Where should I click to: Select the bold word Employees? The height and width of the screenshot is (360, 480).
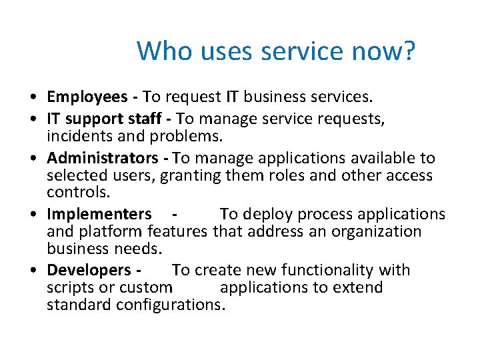87,97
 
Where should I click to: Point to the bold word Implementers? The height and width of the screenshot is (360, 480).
99,214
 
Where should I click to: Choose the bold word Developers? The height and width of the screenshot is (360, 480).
89,270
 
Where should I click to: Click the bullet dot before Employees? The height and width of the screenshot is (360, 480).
33,98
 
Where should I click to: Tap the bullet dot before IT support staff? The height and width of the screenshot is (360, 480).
33,119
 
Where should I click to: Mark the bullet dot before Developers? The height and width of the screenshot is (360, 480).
33,271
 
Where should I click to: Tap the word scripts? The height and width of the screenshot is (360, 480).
71,287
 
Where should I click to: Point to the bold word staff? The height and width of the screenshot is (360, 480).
144,119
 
